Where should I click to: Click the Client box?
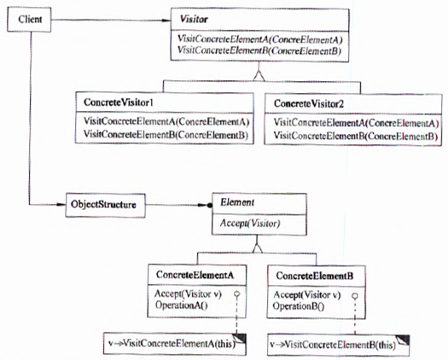point(29,20)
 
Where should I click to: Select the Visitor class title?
point(194,19)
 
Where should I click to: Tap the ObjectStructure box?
point(106,206)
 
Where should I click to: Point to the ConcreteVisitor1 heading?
point(119,102)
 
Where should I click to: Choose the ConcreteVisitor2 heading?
point(309,104)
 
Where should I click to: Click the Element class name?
point(237,202)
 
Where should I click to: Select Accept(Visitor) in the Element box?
point(250,224)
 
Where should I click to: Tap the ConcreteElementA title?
point(195,275)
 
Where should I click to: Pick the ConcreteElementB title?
point(315,276)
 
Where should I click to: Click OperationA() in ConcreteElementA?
point(182,305)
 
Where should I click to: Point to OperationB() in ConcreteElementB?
point(299,306)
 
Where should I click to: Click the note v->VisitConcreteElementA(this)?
point(175,344)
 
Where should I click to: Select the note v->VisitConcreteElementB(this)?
point(339,345)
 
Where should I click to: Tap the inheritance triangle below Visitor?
point(259,77)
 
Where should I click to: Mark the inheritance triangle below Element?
point(258,247)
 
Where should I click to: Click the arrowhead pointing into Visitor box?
point(166,20)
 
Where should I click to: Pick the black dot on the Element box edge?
point(210,205)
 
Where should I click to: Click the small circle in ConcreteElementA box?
point(237,294)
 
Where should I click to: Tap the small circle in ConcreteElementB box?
point(355,296)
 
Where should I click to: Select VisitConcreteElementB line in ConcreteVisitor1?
point(166,135)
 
